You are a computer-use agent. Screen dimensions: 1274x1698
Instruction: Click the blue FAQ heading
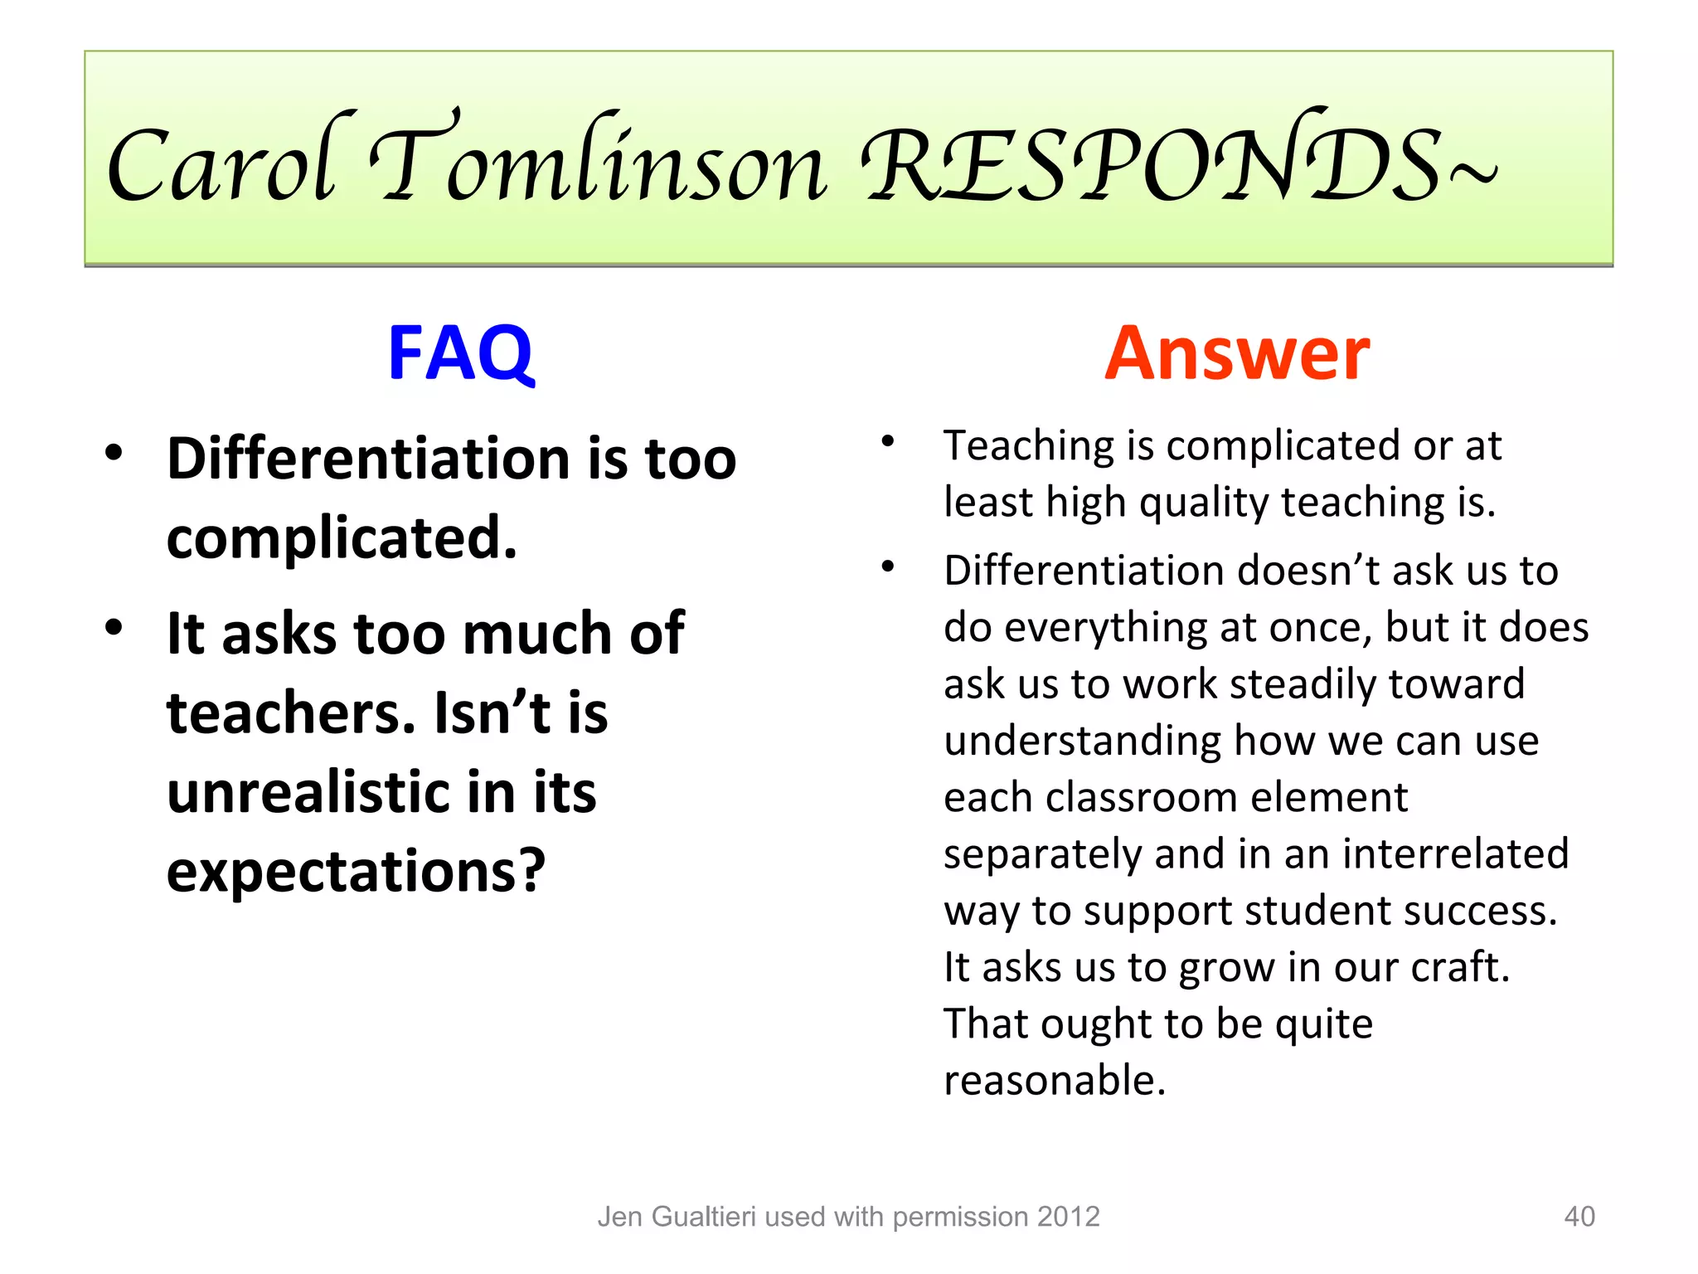click(x=461, y=353)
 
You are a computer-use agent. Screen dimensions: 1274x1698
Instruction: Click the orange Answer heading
click(x=1236, y=353)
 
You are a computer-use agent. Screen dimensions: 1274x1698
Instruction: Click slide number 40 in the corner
click(x=1579, y=1216)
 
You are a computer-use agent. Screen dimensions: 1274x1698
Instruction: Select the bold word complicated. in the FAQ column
click(x=342, y=539)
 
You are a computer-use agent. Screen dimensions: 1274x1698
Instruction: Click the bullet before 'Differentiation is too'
click(x=114, y=453)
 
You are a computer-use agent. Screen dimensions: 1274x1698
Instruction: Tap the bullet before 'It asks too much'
click(x=114, y=627)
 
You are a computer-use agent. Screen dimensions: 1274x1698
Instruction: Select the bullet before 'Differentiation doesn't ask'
click(x=888, y=567)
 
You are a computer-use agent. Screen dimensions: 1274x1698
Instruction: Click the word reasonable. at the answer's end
click(x=1055, y=1080)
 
